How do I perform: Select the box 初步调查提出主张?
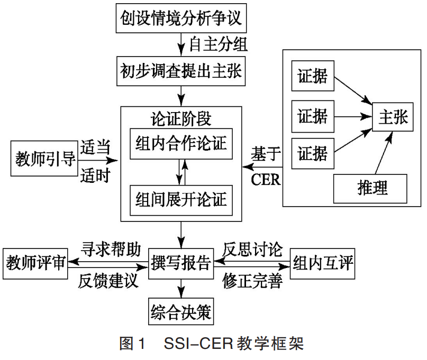point(181,71)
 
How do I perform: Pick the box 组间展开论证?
point(181,198)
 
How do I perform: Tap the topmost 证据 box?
point(312,77)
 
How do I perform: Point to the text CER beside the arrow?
point(266,180)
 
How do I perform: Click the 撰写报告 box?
point(181,262)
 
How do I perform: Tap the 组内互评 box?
point(323,262)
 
